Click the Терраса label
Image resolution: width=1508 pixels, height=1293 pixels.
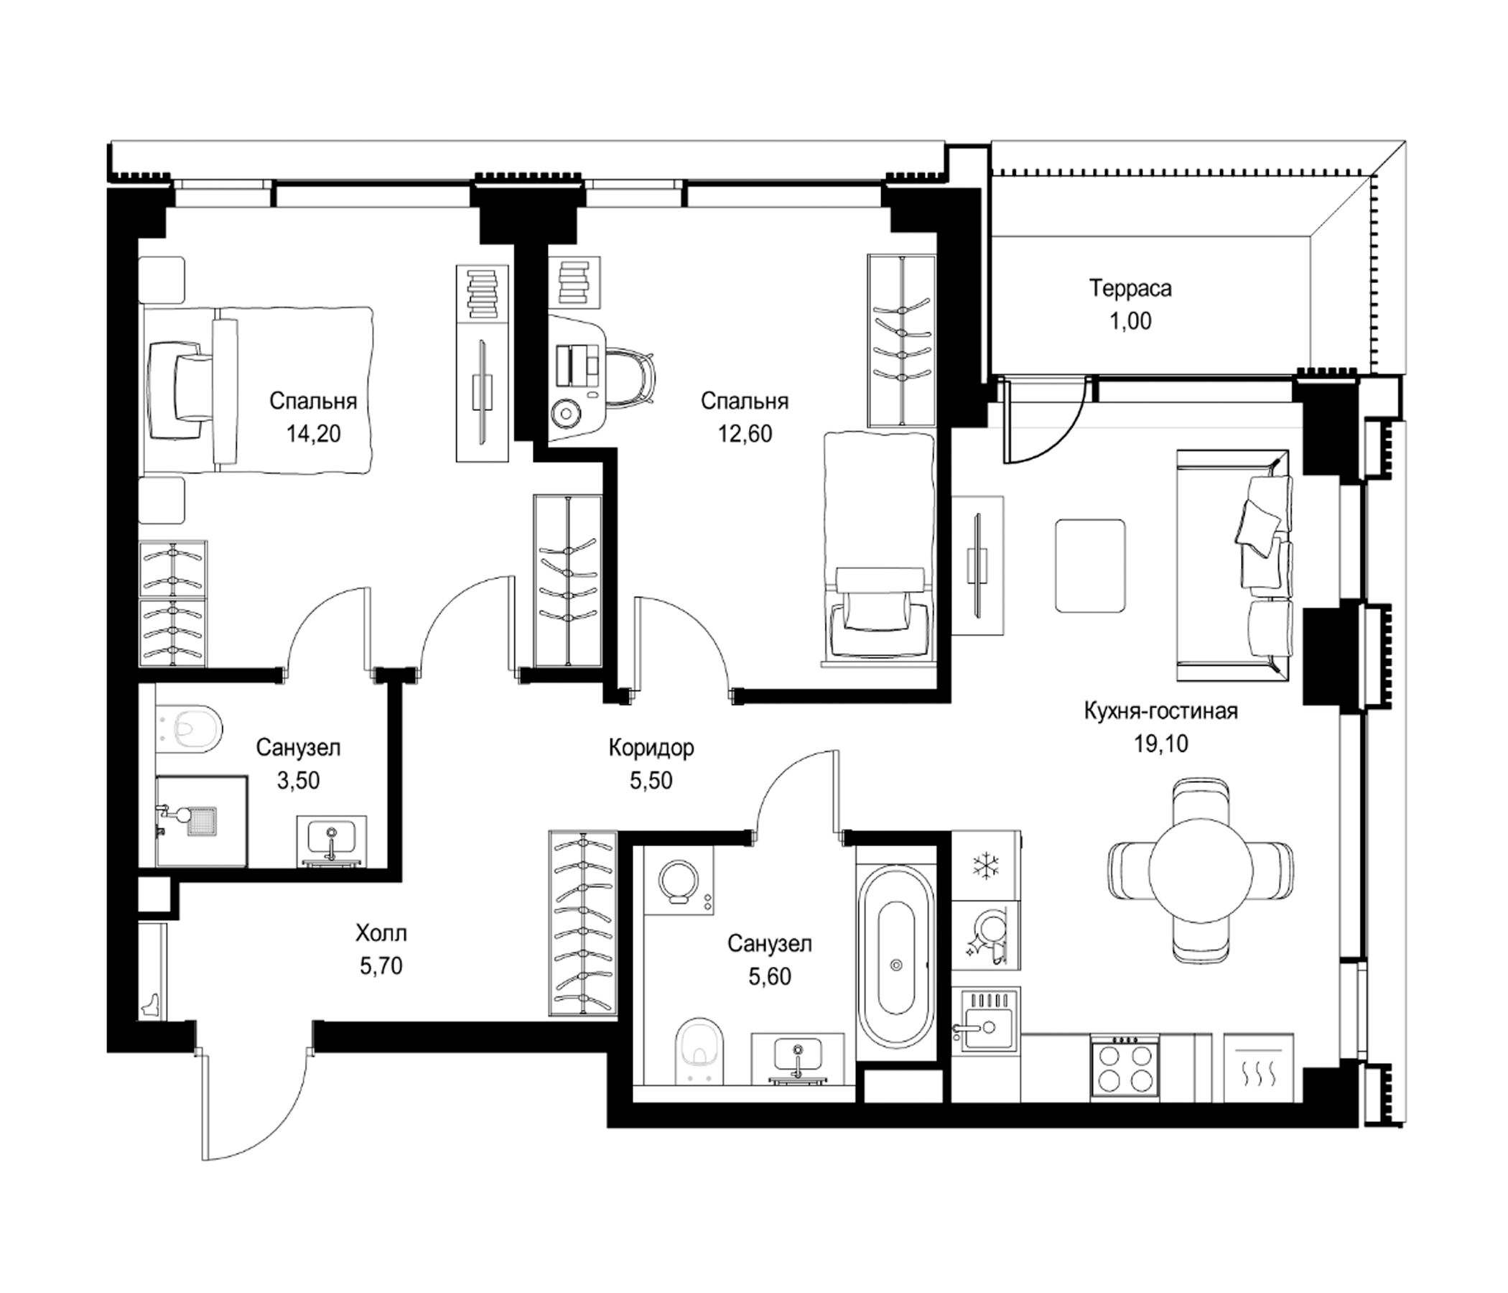1130,289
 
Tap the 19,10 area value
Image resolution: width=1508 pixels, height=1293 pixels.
1161,743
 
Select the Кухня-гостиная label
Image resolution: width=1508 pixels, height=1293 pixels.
1161,710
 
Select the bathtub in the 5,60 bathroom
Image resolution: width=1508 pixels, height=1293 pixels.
896,957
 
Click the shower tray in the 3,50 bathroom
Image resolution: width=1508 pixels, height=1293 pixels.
202,820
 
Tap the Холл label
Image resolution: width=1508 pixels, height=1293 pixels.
381,932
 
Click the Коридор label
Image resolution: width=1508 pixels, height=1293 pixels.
651,748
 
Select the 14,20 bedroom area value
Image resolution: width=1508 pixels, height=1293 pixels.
313,434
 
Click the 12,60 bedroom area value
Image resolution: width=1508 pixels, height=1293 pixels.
744,434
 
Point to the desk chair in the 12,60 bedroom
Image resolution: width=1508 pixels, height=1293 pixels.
630,374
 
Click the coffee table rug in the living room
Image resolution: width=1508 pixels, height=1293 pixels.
1089,565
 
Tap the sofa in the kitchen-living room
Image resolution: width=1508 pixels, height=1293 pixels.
1234,564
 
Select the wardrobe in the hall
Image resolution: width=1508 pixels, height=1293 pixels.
583,924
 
